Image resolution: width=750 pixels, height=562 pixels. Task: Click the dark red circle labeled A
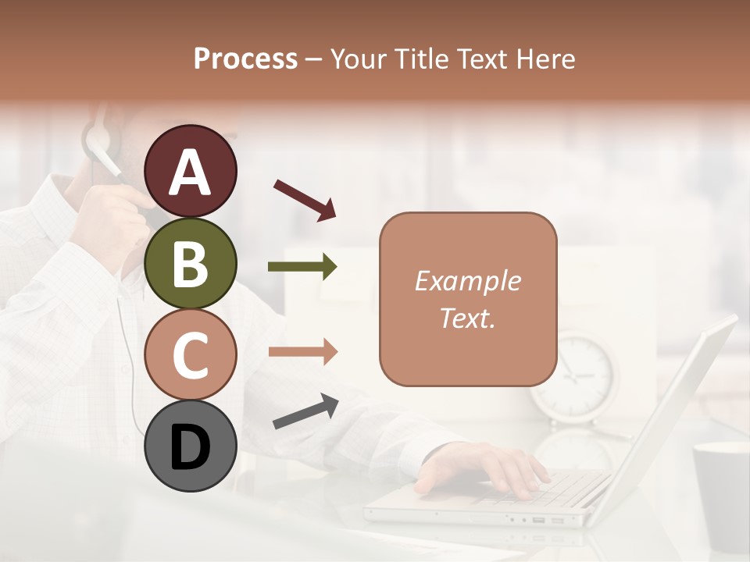[191, 172]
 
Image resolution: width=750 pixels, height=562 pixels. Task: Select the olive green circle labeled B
[191, 263]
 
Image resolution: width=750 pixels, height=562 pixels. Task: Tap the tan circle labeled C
[191, 354]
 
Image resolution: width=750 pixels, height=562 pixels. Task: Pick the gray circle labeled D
[191, 446]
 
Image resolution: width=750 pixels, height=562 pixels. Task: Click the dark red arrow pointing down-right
[305, 199]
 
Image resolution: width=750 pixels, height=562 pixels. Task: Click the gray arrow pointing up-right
[305, 411]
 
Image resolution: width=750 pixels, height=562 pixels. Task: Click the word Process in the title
[245, 59]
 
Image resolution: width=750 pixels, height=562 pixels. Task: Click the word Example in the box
[468, 281]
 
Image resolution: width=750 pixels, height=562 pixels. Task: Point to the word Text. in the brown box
[468, 318]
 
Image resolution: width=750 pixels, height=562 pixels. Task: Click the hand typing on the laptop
[484, 468]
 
